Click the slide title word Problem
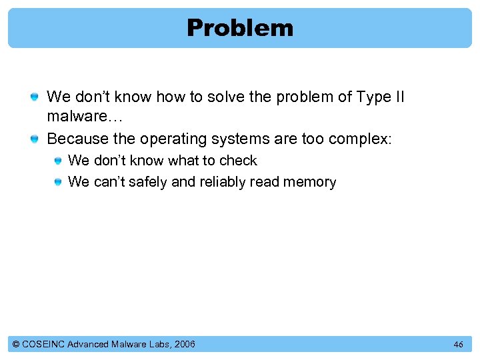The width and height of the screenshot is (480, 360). click(239, 28)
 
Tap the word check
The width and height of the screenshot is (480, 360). click(238, 161)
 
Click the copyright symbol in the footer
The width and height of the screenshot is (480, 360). click(16, 344)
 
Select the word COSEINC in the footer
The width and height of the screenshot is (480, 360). click(43, 344)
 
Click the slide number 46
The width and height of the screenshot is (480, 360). click(458, 345)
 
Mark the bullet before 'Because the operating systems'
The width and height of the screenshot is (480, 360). click(35, 140)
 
